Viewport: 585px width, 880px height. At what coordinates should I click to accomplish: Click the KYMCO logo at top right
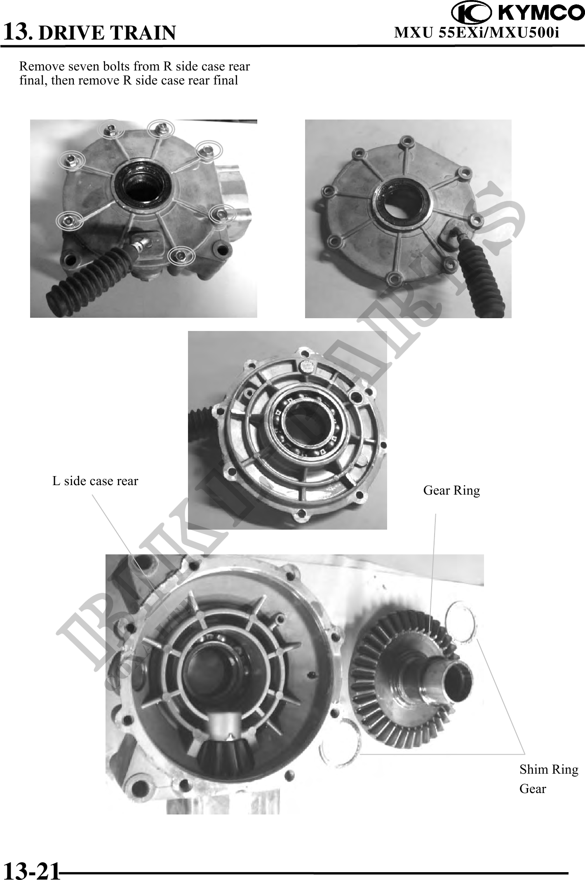point(518,13)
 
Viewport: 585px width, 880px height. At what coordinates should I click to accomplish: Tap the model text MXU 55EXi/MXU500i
point(477,32)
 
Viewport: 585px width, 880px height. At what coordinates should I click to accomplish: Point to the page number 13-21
point(31,870)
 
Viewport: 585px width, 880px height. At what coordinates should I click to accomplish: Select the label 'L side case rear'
point(95,481)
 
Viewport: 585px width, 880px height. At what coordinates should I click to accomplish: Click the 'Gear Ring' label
point(451,490)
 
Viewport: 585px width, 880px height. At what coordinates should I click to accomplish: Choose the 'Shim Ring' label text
point(549,769)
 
